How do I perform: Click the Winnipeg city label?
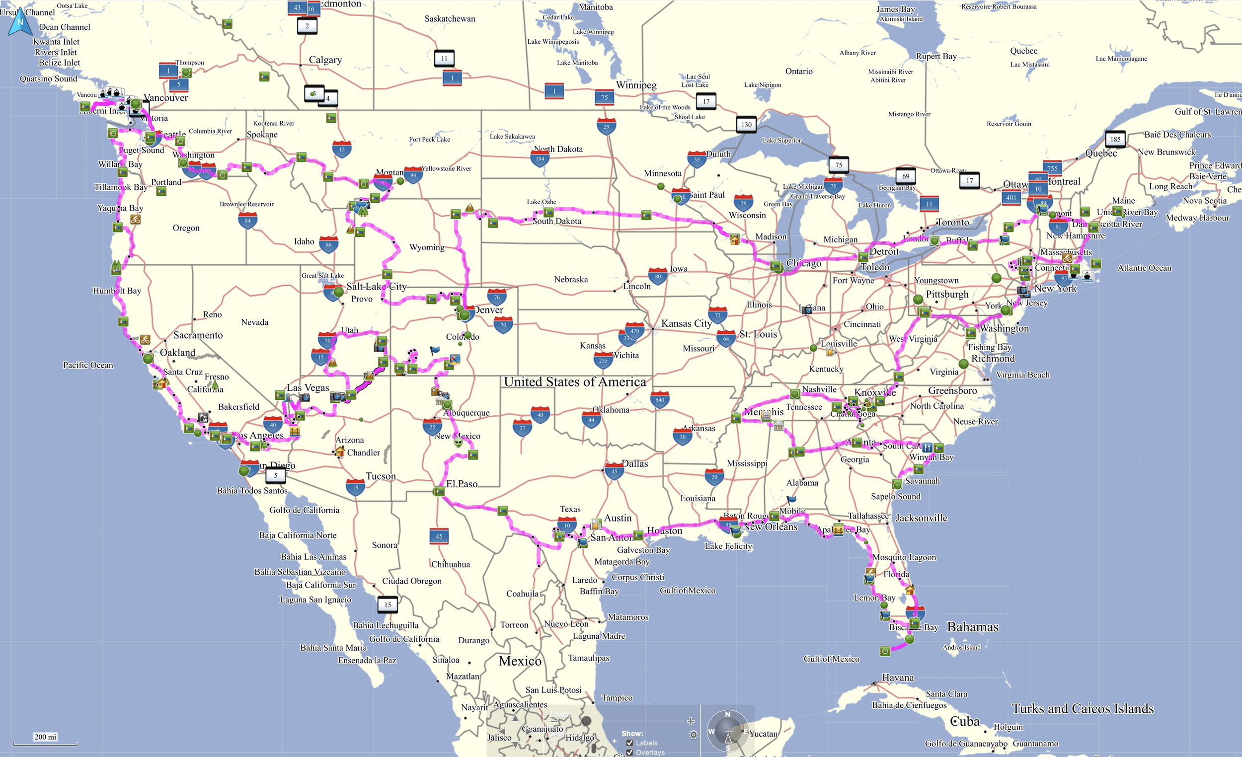pyautogui.click(x=636, y=85)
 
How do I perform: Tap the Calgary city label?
pyautogui.click(x=325, y=60)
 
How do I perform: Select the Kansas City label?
pyautogui.click(x=686, y=323)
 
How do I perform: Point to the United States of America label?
pyautogui.click(x=575, y=382)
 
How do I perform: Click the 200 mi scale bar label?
pyautogui.click(x=45, y=737)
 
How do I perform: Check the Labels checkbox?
pyautogui.click(x=629, y=743)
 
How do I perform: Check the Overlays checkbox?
pyautogui.click(x=629, y=753)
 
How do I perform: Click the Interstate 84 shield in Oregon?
pyautogui.click(x=247, y=221)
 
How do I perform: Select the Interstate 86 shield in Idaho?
pyautogui.click(x=329, y=245)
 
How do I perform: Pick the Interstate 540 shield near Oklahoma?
pyautogui.click(x=660, y=400)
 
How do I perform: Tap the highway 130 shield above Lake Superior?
pyautogui.click(x=747, y=125)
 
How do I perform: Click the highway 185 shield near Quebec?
pyautogui.click(x=1115, y=139)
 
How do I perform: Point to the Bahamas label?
pyautogui.click(x=972, y=627)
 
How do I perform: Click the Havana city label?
pyautogui.click(x=898, y=678)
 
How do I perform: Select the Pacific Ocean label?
pyautogui.click(x=88, y=365)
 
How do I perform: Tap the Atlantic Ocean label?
pyautogui.click(x=1144, y=268)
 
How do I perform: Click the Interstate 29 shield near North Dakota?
pyautogui.click(x=607, y=127)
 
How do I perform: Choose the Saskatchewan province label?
pyautogui.click(x=450, y=19)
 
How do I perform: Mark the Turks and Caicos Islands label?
pyautogui.click(x=1082, y=709)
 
